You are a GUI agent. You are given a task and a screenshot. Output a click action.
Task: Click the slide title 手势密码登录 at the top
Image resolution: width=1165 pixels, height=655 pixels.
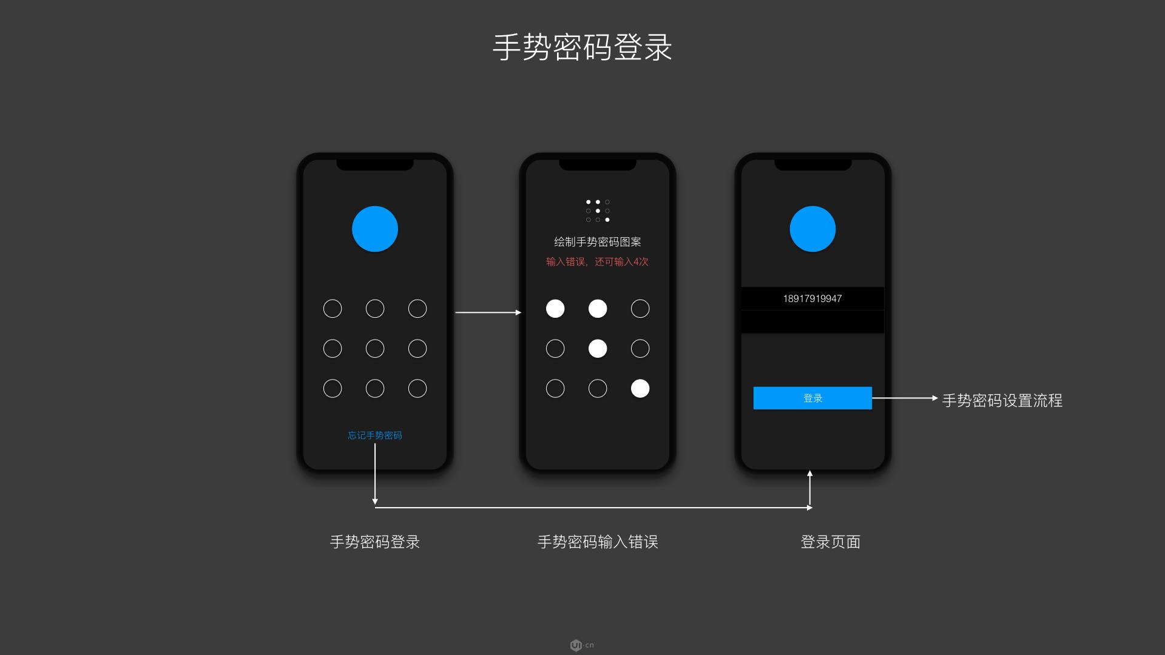[x=582, y=47]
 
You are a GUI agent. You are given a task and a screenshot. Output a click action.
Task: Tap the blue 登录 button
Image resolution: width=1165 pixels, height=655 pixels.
[x=812, y=398]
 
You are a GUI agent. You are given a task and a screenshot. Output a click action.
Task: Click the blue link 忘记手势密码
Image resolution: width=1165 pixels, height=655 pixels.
[x=374, y=435]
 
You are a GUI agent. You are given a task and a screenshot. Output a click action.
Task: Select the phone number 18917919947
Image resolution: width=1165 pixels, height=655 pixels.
[x=812, y=298]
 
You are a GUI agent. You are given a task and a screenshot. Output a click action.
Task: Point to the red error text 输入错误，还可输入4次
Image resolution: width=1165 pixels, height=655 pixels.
[x=597, y=261]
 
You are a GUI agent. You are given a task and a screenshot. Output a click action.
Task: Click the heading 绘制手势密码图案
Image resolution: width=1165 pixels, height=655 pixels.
[x=597, y=242]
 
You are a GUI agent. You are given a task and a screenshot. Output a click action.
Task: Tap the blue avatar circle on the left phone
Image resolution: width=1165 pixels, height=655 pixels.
[x=375, y=229]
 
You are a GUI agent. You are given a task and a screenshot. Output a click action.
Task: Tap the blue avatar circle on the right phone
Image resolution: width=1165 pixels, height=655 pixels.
[x=812, y=229]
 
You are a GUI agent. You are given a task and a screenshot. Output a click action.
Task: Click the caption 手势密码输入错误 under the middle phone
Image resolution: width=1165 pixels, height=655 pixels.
[x=597, y=542]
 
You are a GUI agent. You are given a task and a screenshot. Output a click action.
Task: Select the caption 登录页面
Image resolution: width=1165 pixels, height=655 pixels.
[x=830, y=542]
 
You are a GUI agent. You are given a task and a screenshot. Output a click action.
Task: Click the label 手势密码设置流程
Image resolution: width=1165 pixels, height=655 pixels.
[x=1002, y=400]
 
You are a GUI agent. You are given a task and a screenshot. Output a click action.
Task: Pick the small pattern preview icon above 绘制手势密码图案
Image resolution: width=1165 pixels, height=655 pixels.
[x=598, y=210]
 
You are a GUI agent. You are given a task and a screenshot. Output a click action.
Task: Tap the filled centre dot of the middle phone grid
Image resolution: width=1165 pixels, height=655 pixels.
[x=598, y=348]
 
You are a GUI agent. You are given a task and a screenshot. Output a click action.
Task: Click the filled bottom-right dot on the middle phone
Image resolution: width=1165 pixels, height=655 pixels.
[x=640, y=388]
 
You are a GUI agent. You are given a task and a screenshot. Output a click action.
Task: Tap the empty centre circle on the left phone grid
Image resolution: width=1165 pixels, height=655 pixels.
[x=375, y=348]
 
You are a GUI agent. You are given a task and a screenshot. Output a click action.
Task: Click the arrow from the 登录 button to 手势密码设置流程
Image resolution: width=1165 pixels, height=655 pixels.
[x=904, y=398]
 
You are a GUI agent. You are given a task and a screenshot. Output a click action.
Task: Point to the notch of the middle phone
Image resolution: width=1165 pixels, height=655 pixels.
[x=597, y=164]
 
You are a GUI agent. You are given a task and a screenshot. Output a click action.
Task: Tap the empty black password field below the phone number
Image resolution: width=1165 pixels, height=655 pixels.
[x=812, y=321]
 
